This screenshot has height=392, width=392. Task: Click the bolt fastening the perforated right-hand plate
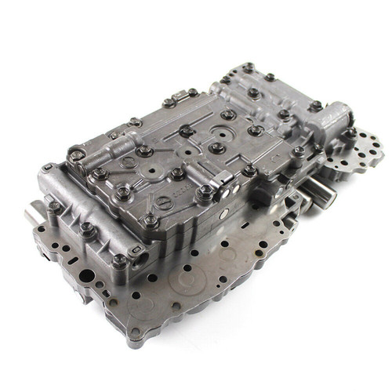(350, 134)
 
